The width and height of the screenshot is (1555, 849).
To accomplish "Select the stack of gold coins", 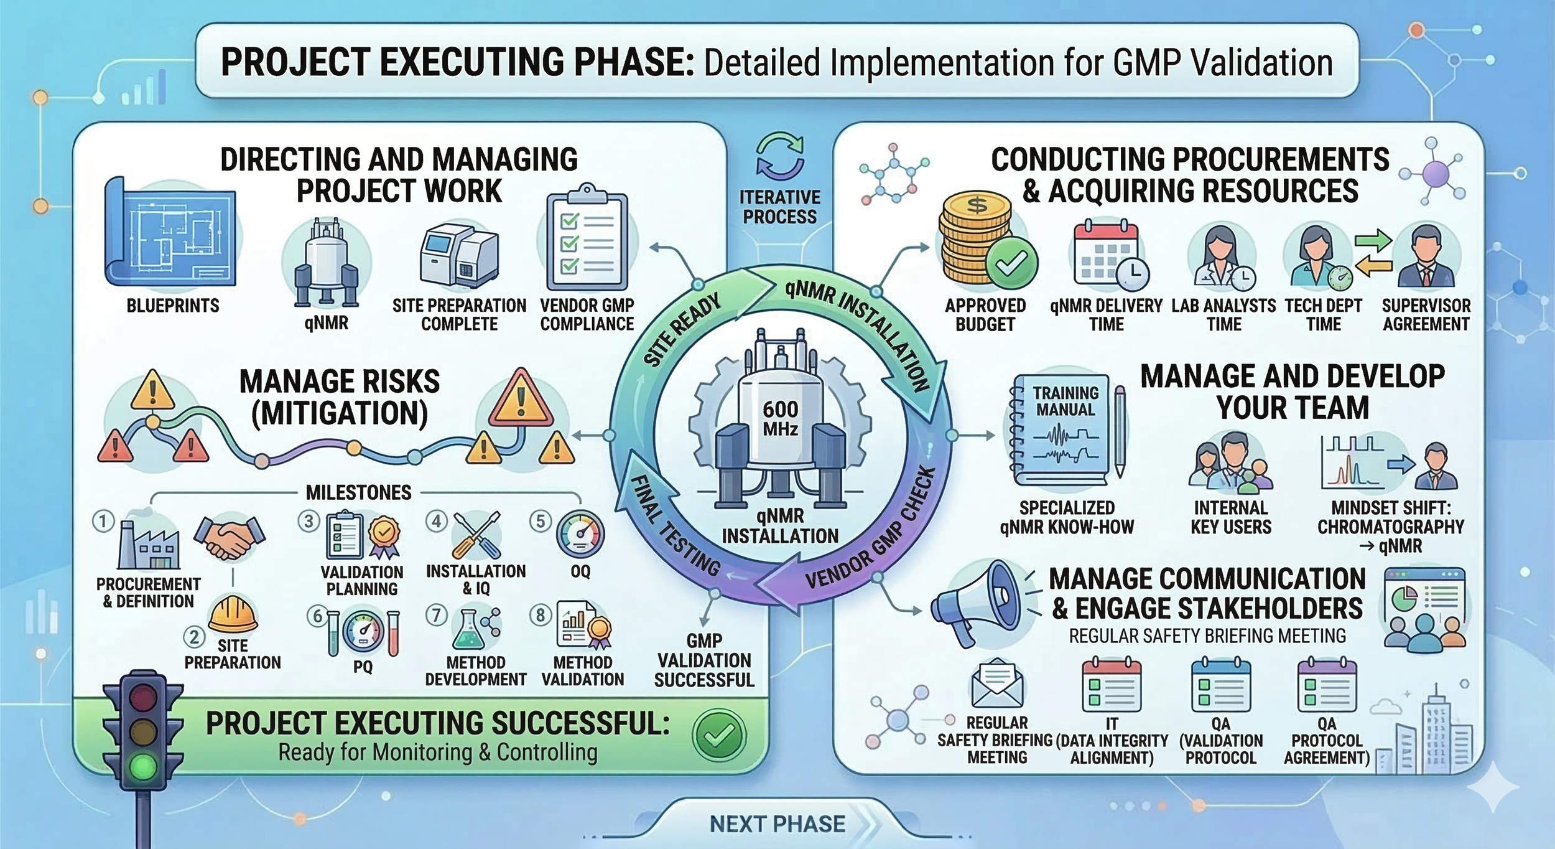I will tap(976, 246).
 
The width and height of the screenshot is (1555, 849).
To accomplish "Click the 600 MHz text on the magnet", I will tap(780, 418).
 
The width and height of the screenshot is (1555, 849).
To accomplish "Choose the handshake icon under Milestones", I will tap(229, 536).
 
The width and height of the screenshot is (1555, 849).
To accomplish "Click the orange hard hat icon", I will tap(233, 613).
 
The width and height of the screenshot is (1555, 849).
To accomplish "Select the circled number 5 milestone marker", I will tap(540, 521).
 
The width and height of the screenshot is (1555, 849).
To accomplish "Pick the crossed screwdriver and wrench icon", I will tap(476, 535).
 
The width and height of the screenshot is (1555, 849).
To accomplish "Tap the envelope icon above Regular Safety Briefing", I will tap(997, 685).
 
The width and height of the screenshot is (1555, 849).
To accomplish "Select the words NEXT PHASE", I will tap(777, 824).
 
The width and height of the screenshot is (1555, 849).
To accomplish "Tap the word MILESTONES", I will tap(358, 493).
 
